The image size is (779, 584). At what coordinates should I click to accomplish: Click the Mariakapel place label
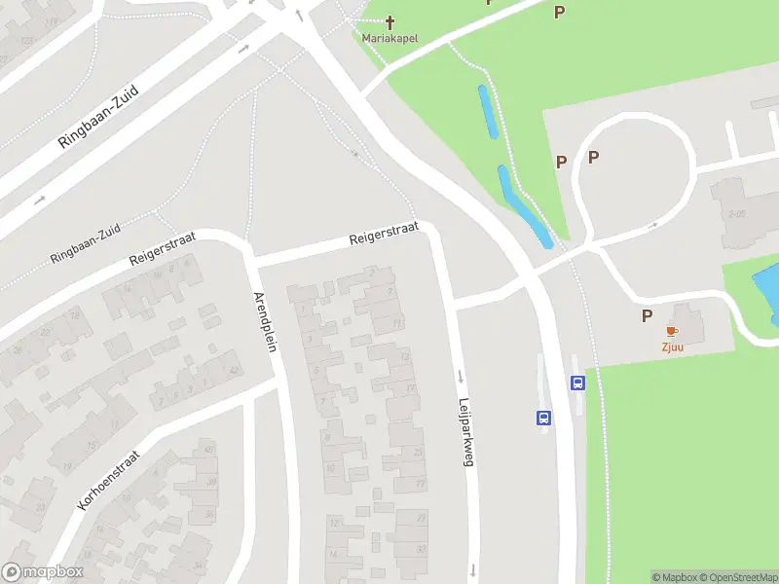(389, 39)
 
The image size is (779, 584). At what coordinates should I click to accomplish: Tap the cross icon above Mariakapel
(390, 21)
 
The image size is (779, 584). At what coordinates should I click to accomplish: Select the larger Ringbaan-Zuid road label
(99, 116)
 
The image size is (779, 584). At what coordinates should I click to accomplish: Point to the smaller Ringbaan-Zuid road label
(86, 244)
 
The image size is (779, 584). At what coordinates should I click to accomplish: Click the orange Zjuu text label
(672, 347)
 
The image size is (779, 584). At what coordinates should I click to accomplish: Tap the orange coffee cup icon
(672, 331)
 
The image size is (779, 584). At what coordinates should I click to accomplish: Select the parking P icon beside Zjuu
(647, 316)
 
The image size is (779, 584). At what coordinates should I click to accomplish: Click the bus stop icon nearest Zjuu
(577, 383)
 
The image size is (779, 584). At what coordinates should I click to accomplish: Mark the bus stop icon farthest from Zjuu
(542, 419)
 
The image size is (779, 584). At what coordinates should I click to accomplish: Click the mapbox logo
(43, 572)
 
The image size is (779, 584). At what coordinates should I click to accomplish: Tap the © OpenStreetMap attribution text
(735, 577)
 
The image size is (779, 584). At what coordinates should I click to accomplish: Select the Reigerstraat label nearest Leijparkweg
(384, 233)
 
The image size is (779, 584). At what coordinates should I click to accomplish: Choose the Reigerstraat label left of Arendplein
(163, 248)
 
